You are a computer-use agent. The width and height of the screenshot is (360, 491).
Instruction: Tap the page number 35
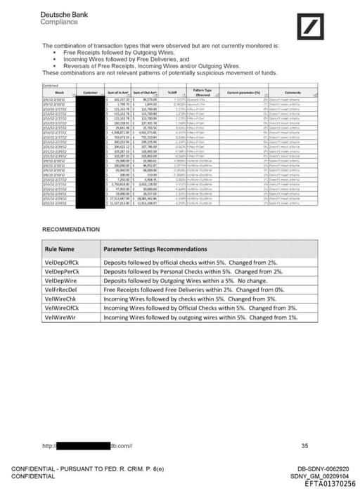[x=304, y=445]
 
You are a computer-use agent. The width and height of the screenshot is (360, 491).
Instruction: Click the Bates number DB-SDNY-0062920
[x=323, y=469]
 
